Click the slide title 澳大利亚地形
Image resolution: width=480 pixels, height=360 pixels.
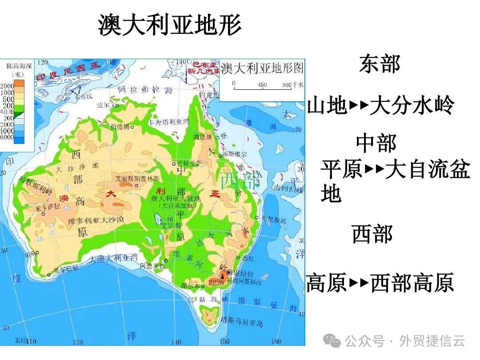pyautogui.click(x=170, y=25)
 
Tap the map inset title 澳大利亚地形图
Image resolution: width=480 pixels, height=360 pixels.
pyautogui.click(x=262, y=68)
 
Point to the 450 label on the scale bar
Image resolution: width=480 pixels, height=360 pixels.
pyautogui.click(x=262, y=84)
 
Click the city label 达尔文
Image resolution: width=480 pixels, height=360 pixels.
pyautogui.click(x=105, y=105)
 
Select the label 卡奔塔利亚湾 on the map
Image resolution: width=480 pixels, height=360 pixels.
pyautogui.click(x=169, y=121)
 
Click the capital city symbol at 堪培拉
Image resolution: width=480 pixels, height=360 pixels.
pyautogui.click(x=229, y=272)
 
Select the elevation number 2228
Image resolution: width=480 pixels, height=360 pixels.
pyautogui.click(x=216, y=283)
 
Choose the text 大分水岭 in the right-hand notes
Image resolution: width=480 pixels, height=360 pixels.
pyautogui.click(x=412, y=106)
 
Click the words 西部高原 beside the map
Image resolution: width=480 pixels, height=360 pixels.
pyautogui.click(x=412, y=283)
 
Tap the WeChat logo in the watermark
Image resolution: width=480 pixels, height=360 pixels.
pyautogui.click(x=332, y=341)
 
